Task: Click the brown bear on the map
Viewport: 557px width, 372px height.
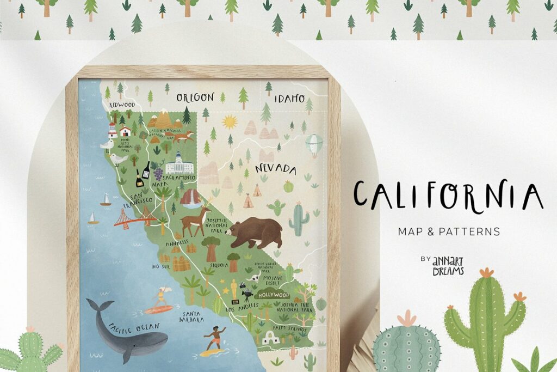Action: coord(255,231)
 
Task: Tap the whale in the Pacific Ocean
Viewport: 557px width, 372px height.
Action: coord(128,330)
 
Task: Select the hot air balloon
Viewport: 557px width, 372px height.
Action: coord(313,144)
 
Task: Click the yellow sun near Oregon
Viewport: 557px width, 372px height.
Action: coord(230,121)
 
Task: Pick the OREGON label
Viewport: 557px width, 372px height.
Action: coord(195,97)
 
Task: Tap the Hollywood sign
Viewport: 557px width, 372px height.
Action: coord(274,295)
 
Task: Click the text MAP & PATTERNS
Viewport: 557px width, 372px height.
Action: coord(449,231)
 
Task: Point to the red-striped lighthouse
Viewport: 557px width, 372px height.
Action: coord(113,130)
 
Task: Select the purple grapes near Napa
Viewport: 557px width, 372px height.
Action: coord(158,174)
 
